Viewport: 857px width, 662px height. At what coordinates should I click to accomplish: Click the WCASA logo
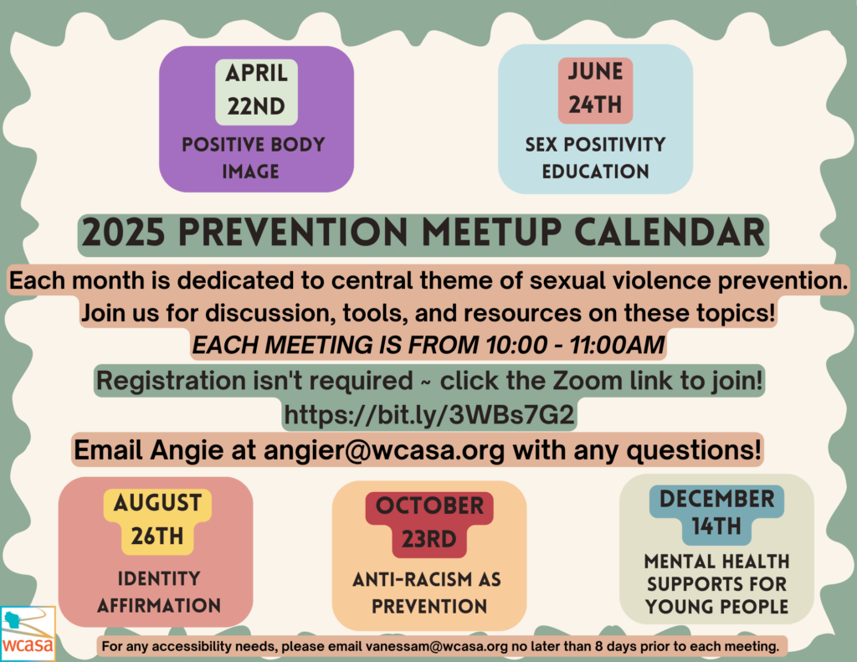28,633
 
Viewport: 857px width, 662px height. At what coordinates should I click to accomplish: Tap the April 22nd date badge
256,92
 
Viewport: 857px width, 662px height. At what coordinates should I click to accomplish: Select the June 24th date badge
595,90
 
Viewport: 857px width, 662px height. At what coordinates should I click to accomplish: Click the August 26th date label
157,521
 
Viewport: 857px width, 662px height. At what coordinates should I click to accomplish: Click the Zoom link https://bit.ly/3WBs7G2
429,415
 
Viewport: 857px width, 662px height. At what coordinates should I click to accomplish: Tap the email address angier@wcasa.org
383,451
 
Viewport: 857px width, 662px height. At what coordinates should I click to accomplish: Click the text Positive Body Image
253,158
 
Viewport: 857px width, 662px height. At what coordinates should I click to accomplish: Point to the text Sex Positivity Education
595,158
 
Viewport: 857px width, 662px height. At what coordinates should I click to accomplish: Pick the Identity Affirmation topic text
159,592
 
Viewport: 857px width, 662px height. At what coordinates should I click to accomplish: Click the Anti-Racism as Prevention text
428,593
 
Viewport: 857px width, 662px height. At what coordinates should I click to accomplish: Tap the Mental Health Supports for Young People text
716,584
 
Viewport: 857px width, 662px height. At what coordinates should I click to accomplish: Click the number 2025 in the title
124,233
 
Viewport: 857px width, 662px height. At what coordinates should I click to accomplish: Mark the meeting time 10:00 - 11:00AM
575,345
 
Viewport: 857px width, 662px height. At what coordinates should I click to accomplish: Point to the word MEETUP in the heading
492,233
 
